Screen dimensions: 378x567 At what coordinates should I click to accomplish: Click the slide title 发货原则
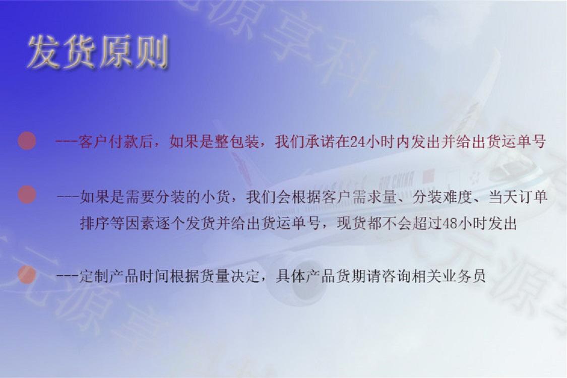tap(97, 52)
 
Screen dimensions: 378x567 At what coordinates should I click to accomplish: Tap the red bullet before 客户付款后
tap(27, 141)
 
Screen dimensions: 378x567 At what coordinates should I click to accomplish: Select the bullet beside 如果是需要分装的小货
tap(27, 195)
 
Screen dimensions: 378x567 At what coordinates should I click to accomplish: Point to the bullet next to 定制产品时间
tap(27, 275)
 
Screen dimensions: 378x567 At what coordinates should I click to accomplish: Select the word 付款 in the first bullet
tap(122, 142)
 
